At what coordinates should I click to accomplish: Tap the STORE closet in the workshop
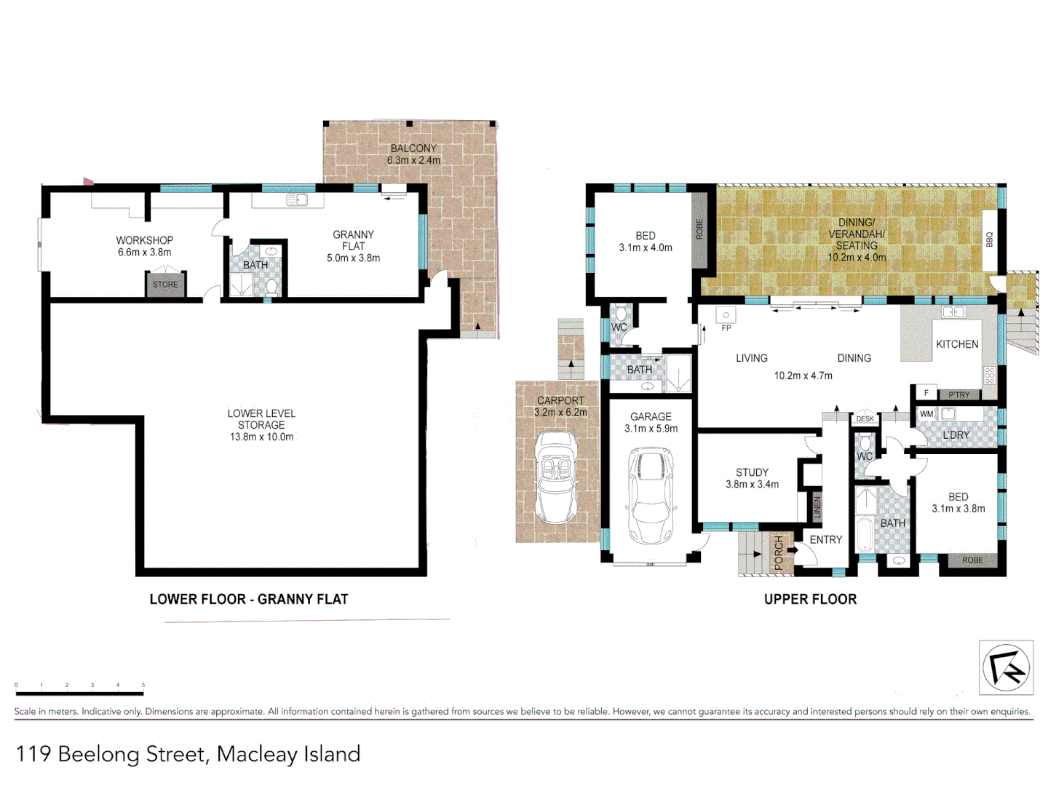click(165, 285)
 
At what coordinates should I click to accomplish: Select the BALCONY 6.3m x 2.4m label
click(413, 154)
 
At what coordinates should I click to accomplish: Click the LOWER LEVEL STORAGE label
click(261, 424)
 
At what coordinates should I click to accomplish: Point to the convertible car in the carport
click(557, 477)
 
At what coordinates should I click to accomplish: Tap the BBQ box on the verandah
click(989, 239)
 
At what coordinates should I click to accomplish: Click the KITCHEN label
click(957, 344)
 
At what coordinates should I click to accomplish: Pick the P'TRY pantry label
click(959, 394)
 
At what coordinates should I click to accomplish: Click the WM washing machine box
click(926, 414)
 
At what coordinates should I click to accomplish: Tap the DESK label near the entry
click(865, 418)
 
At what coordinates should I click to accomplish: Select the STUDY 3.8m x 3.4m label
click(752, 478)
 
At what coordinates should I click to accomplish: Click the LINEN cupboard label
click(817, 507)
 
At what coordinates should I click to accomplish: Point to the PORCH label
click(779, 552)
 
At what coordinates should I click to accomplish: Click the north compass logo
click(1006, 667)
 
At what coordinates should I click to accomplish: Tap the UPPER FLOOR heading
click(810, 599)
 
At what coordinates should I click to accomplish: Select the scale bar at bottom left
click(80, 693)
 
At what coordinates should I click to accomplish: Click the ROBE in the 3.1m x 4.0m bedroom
click(699, 229)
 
